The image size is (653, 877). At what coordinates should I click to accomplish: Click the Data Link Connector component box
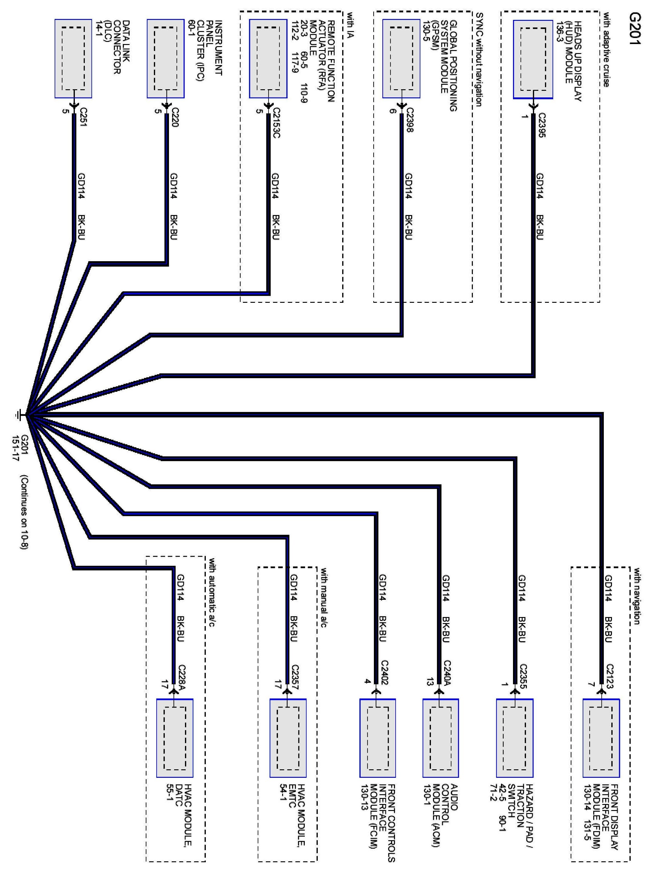[73, 59]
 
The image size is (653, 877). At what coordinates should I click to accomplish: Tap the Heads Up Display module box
[533, 59]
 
